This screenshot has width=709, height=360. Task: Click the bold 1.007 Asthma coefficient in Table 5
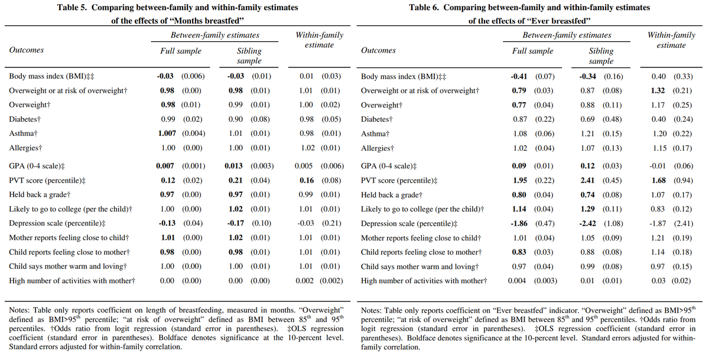pyautogui.click(x=167, y=134)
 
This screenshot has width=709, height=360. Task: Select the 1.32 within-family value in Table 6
pyautogui.click(x=658, y=90)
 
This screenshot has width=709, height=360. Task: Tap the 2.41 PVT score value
pyautogui.click(x=587, y=180)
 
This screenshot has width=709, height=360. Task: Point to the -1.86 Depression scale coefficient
pyautogui.click(x=519, y=223)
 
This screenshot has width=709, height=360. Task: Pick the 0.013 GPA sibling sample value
pyautogui.click(x=233, y=166)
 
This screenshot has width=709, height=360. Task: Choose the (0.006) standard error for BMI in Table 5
pyautogui.click(x=193, y=76)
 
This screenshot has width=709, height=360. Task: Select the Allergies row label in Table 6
pyautogui.click(x=378, y=148)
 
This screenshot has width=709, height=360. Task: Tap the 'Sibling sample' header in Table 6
pyautogui.click(x=601, y=56)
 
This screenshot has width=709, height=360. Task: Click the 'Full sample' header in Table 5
pyautogui.click(x=181, y=51)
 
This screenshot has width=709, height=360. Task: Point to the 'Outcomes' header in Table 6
pyautogui.click(x=378, y=50)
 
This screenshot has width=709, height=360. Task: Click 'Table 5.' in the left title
pyautogui.click(x=72, y=8)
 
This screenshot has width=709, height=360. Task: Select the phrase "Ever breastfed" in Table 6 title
pyautogui.click(x=558, y=21)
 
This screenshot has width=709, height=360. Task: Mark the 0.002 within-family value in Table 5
pyautogui.click(x=304, y=281)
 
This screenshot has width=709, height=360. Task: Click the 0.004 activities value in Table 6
pyautogui.click(x=517, y=281)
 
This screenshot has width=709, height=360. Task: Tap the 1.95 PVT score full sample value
pyautogui.click(x=520, y=180)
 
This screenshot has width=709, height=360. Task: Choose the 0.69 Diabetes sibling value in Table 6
pyautogui.click(x=587, y=119)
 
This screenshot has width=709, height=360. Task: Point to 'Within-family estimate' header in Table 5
pyautogui.click(x=320, y=40)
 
